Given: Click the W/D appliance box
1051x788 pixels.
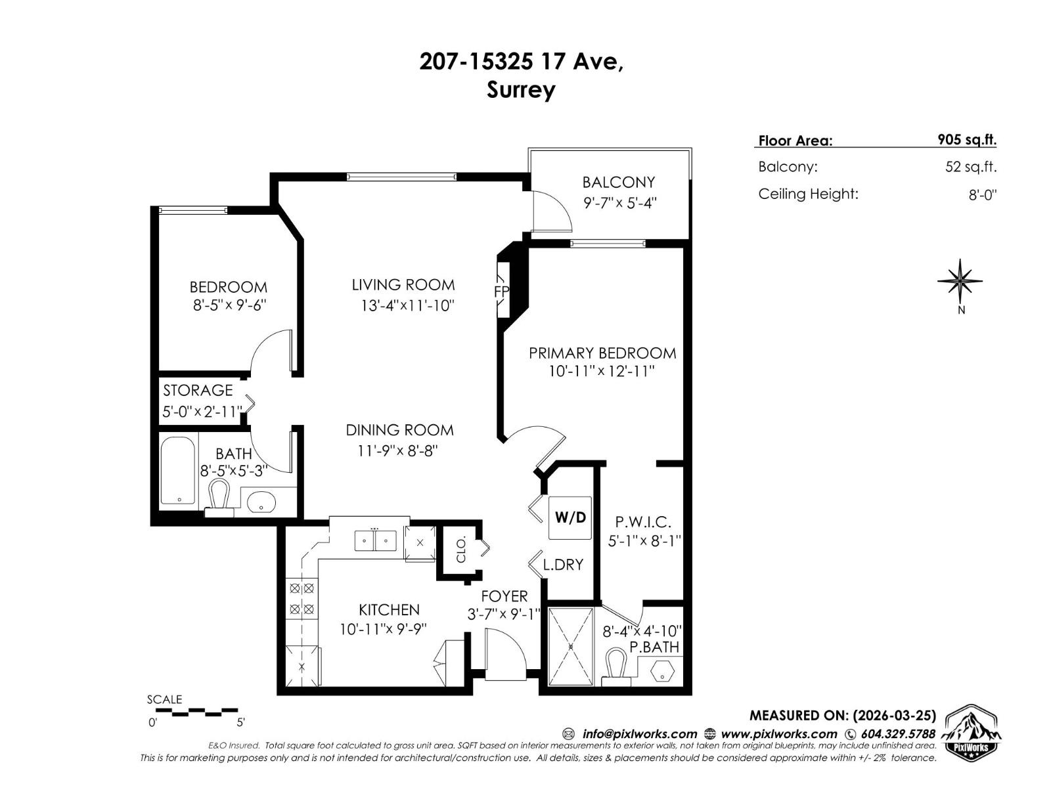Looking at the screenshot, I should [x=570, y=517].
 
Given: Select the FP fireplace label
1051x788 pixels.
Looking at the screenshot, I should [x=501, y=291].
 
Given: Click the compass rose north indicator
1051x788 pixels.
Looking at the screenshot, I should [x=960, y=282].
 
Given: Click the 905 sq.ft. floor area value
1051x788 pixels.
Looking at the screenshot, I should [x=966, y=140].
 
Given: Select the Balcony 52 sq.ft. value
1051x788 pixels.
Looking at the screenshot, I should [x=970, y=167].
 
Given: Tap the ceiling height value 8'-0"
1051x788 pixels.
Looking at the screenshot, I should [x=982, y=195].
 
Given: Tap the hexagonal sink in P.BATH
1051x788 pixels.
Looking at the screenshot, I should [x=663, y=671].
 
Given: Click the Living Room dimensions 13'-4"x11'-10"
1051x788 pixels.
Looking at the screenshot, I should [x=407, y=305].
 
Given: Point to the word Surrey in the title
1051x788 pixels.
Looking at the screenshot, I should [x=521, y=89].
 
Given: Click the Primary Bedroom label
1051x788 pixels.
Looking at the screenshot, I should [x=602, y=353].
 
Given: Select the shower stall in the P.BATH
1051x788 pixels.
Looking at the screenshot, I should [x=571, y=647].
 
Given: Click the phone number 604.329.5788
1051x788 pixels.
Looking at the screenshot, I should [x=897, y=734].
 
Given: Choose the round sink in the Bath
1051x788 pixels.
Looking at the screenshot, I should [x=262, y=502].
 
